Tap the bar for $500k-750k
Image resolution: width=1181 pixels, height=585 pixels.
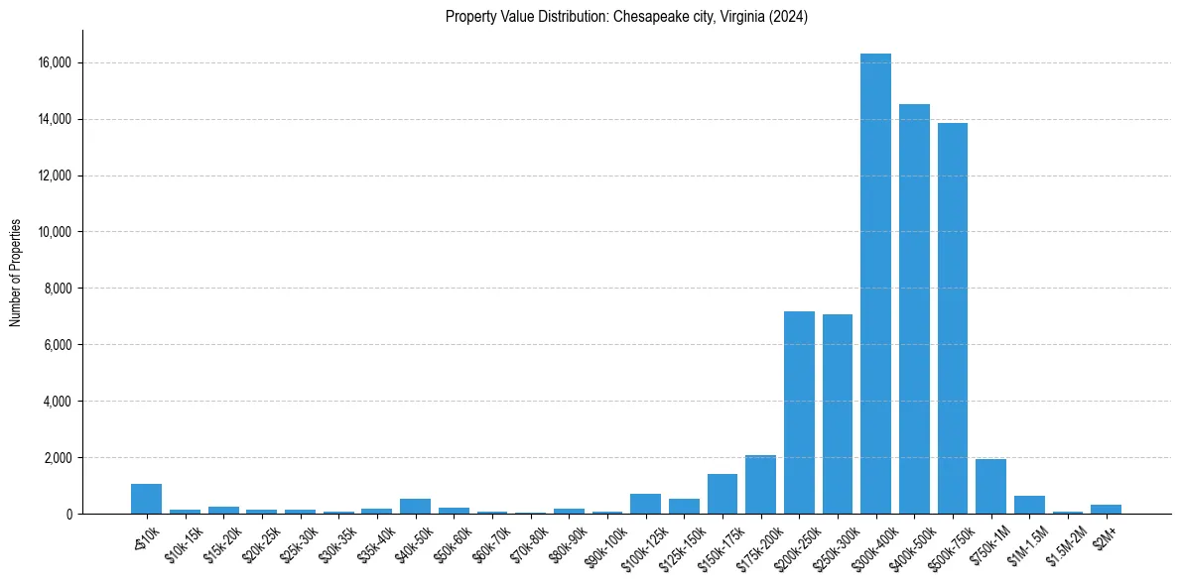click(x=953, y=318)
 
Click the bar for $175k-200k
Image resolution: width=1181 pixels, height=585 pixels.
click(x=760, y=485)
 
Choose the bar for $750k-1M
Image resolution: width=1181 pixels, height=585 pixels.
click(x=990, y=487)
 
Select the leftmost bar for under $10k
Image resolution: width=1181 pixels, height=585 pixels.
click(x=146, y=499)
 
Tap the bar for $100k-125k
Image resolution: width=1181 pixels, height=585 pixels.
click(x=645, y=504)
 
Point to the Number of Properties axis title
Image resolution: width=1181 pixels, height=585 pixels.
click(x=16, y=273)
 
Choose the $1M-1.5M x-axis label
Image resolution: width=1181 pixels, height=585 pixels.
click(x=1026, y=535)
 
